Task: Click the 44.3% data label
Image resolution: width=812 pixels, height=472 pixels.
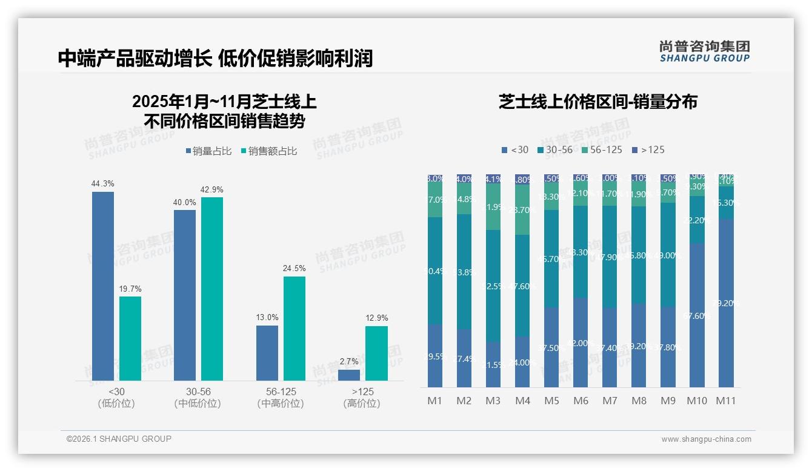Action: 102,184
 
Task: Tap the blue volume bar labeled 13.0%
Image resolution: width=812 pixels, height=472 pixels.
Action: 267,353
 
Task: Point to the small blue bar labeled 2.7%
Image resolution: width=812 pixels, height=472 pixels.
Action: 349,375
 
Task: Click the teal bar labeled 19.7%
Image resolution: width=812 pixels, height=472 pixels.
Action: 130,338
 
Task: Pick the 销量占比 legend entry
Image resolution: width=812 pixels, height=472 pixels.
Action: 209,151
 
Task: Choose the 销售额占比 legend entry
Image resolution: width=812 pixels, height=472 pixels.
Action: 269,151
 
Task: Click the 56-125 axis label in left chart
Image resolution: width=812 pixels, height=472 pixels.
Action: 281,392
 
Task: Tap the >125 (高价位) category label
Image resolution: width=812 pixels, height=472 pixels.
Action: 362,398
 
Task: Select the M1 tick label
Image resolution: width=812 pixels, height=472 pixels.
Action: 435,401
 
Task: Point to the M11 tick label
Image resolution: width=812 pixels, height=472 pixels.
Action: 725,401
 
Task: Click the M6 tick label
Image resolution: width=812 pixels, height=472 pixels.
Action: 581,401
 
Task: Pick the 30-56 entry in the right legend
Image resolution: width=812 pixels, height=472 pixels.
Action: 554,149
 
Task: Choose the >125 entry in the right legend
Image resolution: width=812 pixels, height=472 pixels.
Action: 648,149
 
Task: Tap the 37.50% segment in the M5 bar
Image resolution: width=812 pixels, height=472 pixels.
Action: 551,347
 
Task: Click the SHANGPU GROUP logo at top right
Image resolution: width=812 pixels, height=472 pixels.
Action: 704,51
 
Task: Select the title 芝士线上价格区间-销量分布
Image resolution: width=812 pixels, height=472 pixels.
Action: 598,102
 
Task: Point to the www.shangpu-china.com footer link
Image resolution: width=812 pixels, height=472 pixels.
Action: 706,439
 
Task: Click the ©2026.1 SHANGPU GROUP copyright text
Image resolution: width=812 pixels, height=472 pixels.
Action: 119,439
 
